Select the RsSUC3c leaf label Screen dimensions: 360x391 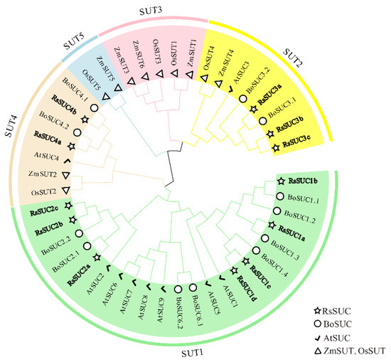(299, 145)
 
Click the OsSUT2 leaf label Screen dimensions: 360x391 (45, 191)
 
